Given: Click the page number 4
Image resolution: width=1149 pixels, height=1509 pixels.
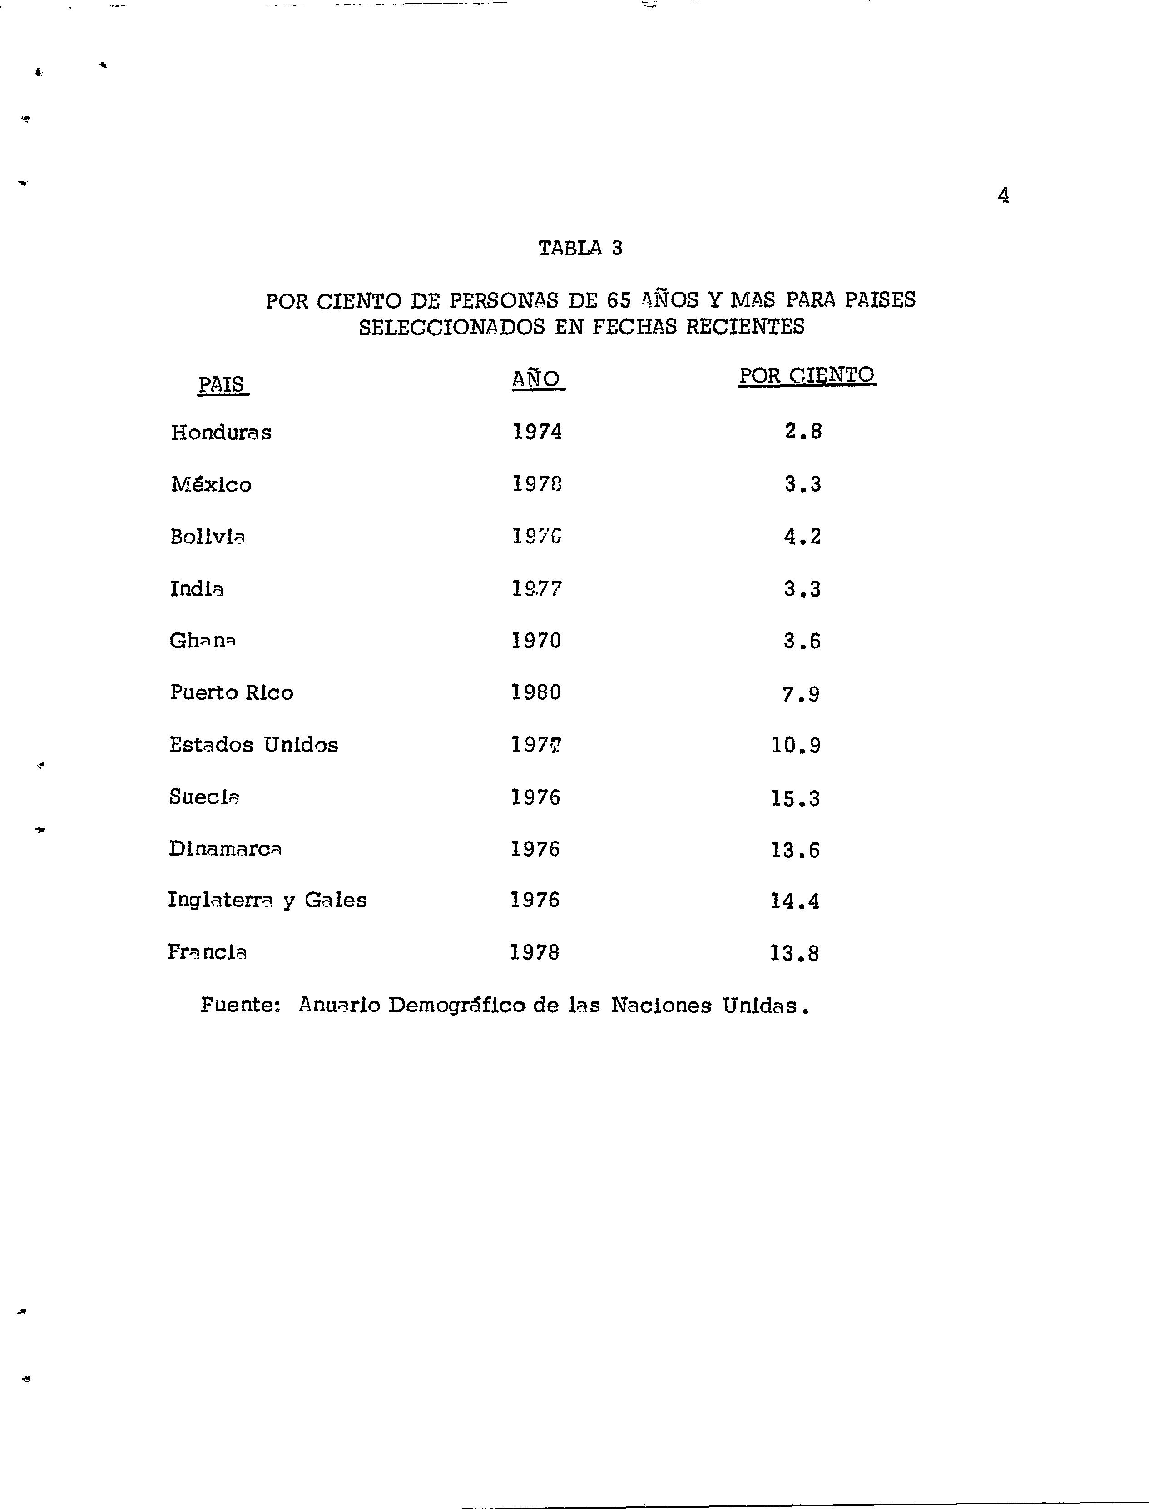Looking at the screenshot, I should click(1003, 196).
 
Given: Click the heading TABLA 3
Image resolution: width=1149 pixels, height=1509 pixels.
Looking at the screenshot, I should click(581, 248).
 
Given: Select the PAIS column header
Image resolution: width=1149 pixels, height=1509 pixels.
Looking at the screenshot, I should click(222, 384).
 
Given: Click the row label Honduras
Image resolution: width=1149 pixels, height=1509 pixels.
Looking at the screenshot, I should click(221, 433).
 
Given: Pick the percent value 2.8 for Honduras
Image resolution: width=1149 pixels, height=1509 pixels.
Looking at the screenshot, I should click(803, 431).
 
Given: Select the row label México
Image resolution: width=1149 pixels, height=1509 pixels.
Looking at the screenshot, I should click(211, 484).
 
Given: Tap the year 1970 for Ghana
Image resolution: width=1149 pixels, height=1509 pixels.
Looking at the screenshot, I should click(536, 641).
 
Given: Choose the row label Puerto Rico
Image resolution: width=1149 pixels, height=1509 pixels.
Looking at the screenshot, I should click(232, 692).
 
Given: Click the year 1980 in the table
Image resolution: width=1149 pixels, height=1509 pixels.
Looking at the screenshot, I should click(536, 692).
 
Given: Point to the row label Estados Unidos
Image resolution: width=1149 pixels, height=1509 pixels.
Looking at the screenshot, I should click(254, 745).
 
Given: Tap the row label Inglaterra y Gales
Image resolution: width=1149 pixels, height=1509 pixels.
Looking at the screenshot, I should click(267, 900).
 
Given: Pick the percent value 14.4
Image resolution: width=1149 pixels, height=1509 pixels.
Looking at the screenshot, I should click(795, 901).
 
